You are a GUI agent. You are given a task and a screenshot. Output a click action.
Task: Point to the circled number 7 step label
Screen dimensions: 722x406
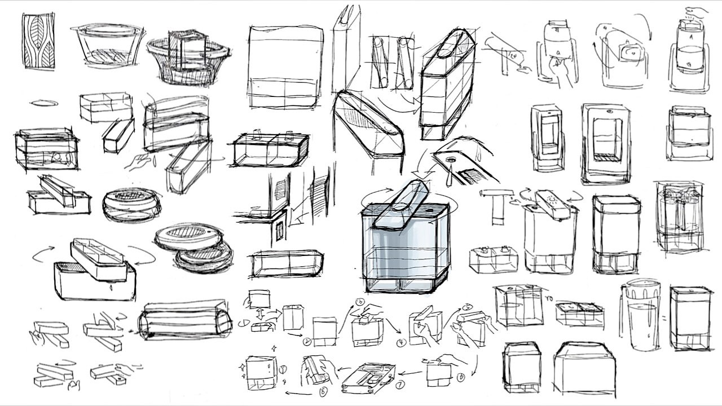[x=399, y=386]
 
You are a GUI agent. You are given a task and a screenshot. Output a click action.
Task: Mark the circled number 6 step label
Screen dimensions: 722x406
[x=461, y=376]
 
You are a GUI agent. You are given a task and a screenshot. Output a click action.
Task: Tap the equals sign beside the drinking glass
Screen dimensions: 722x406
[x=664, y=319]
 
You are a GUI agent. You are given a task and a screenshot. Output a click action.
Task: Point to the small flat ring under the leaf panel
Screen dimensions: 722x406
[x=43, y=103]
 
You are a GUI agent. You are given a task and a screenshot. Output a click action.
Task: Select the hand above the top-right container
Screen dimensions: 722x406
[x=697, y=11]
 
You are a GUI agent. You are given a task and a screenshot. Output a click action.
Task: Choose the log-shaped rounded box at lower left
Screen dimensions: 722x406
[x=185, y=320]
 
